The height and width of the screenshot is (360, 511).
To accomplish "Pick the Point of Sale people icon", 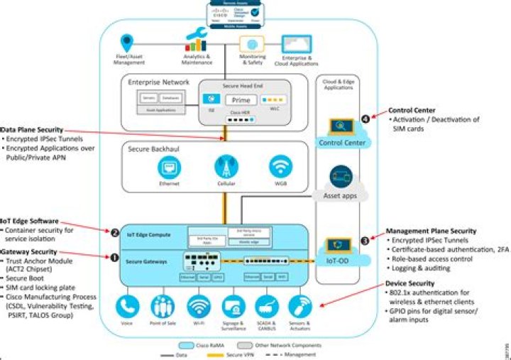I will click(x=164, y=306).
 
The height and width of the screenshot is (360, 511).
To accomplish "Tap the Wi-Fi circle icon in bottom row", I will click(x=199, y=306).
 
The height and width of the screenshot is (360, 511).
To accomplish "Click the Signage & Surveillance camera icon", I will click(x=233, y=306).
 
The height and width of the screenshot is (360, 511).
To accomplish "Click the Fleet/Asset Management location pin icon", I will click(x=128, y=43).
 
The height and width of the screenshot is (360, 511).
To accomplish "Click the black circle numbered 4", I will click(x=366, y=119).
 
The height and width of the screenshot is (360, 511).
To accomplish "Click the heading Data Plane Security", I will click(x=33, y=130).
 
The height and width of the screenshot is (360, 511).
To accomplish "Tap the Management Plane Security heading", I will click(x=430, y=231).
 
